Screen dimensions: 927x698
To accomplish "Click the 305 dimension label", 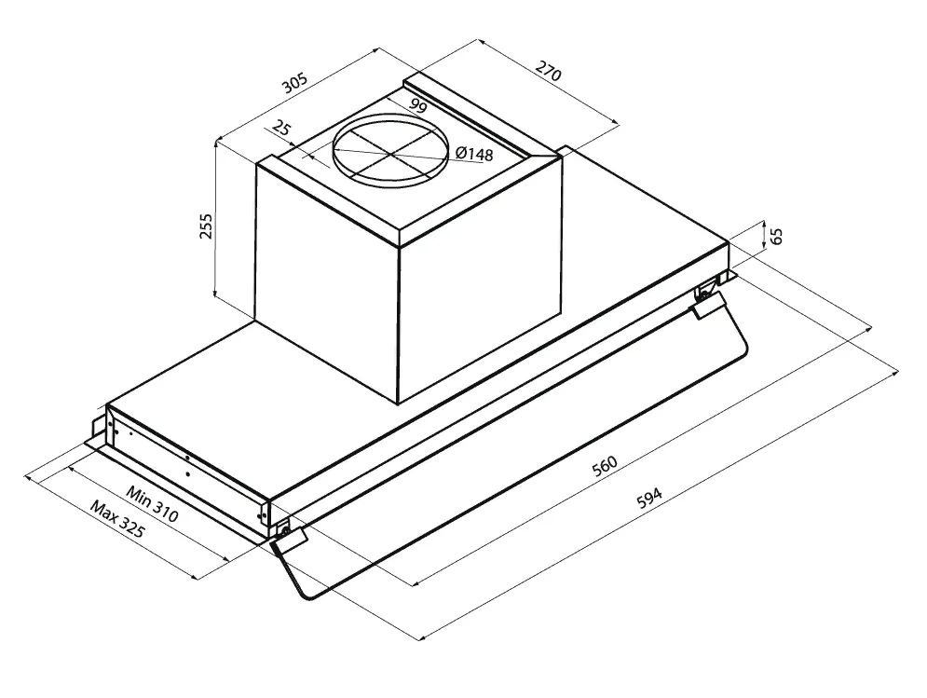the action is pos(294,83).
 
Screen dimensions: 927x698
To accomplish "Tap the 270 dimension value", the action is pos(548,71).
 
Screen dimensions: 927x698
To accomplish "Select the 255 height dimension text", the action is pos(205,226).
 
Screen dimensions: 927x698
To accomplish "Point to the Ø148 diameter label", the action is pos(474,153).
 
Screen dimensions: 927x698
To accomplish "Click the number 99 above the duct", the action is pos(417,106).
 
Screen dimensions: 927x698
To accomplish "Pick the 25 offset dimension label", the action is pos(282,128).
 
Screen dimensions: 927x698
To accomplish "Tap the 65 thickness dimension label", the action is pos(777,236).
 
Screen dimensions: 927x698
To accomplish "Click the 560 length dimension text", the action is pos(605,466).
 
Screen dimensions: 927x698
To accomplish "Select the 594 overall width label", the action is pos(649,498).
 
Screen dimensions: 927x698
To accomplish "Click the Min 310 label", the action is pos(152,504).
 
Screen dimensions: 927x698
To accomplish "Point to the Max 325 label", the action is pos(117,519).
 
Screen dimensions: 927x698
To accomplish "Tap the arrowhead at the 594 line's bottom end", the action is pos(422,637).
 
